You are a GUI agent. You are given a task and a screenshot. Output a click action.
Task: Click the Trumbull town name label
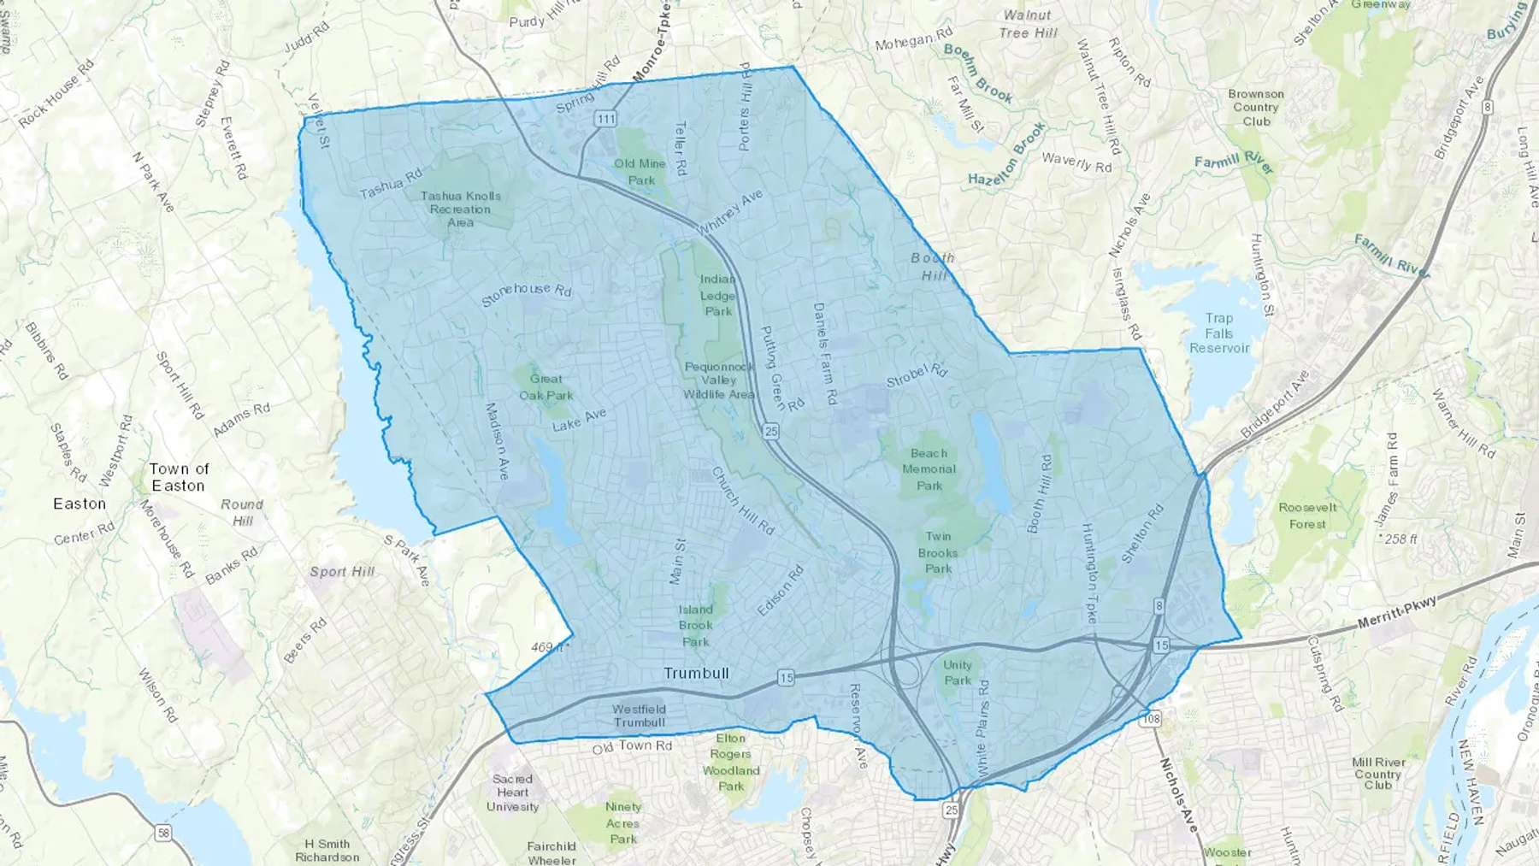tap(696, 674)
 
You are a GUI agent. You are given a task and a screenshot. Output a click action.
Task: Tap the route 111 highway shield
tap(606, 119)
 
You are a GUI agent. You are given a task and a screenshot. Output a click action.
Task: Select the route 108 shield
tap(1152, 719)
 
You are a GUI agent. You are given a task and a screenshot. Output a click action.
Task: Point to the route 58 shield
tap(162, 834)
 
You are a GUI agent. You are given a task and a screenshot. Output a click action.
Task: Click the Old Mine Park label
tap(640, 172)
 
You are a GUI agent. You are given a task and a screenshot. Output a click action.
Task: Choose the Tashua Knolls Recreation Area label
tap(460, 209)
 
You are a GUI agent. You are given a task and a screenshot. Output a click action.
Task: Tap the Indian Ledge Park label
tap(717, 296)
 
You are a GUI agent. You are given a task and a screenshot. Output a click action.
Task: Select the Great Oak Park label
tap(546, 387)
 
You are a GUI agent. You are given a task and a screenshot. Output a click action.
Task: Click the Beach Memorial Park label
tap(929, 469)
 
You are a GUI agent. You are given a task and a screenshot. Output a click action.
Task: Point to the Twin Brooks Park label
tap(938, 552)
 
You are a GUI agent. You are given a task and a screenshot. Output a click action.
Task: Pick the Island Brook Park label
tap(695, 626)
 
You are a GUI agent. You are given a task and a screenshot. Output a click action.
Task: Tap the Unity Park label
tap(958, 673)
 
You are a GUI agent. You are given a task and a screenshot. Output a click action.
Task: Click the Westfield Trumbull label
tap(639, 716)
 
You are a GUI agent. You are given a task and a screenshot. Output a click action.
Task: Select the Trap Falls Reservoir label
tap(1219, 333)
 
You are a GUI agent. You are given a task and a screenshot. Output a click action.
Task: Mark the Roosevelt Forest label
tap(1307, 515)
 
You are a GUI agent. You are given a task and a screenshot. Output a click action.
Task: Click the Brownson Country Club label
tap(1256, 108)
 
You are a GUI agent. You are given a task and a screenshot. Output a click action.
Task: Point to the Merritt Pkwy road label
tap(1397, 614)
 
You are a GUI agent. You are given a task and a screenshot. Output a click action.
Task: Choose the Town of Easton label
tap(178, 477)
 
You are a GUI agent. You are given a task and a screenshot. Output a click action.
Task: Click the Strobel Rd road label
tap(917, 375)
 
